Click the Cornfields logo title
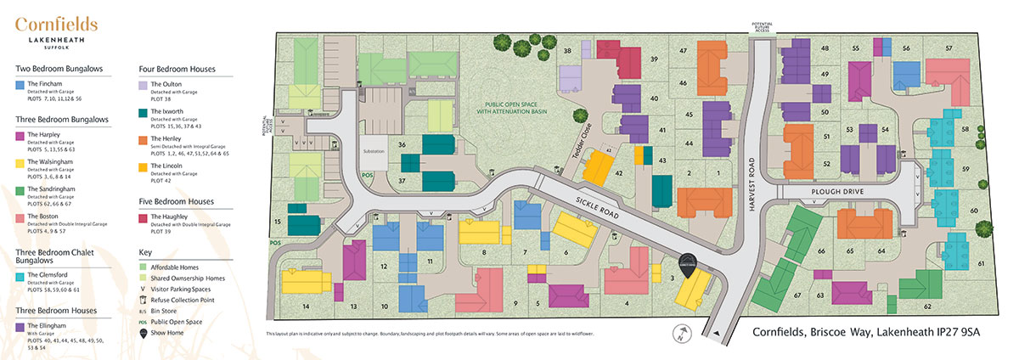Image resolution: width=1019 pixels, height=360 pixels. tap(56, 26)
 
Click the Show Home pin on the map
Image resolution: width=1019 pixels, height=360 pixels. tap(687, 264)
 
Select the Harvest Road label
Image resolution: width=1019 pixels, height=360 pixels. tap(751, 162)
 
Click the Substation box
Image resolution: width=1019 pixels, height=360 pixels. tap(374, 151)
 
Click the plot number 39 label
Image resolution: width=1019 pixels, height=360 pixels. tap(654, 59)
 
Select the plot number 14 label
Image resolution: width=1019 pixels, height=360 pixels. tap(305, 306)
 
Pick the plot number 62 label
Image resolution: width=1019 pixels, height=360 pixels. tap(927, 306)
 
